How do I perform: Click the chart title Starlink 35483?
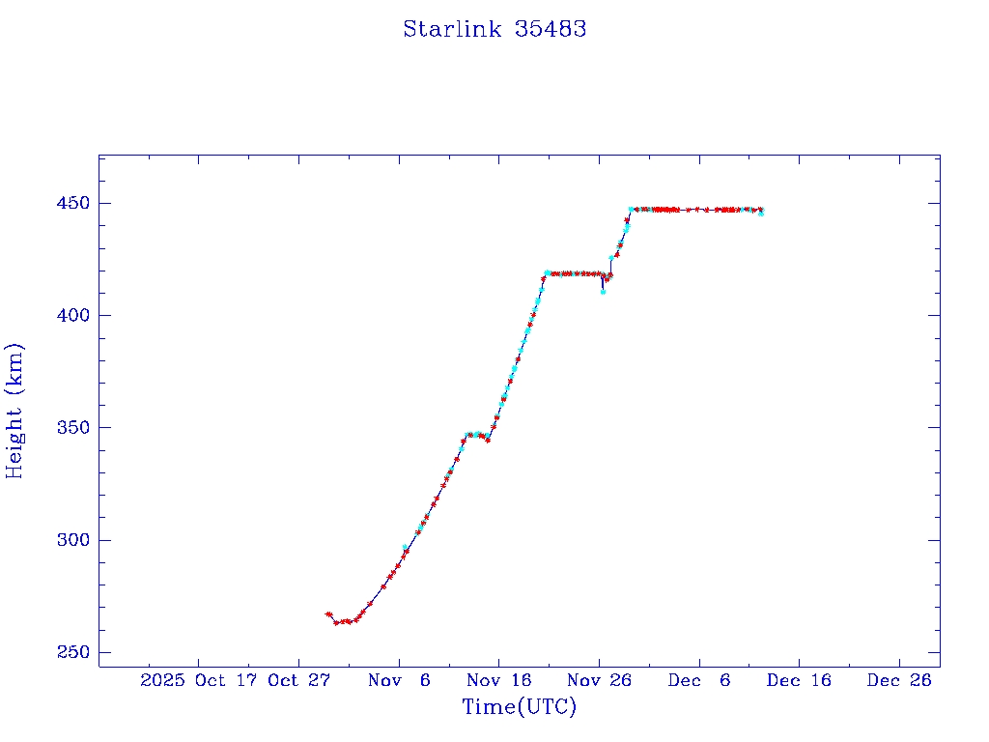[494, 29]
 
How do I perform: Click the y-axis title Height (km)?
[14, 411]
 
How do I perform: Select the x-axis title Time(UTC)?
[520, 707]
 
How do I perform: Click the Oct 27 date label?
[298, 680]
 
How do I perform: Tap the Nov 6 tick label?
[399, 680]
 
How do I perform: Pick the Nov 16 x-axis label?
[498, 680]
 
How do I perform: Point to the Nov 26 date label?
[599, 680]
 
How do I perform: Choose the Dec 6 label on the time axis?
[698, 680]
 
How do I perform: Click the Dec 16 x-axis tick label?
[798, 680]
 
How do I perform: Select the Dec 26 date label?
[898, 680]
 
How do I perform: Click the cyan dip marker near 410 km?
[603, 291]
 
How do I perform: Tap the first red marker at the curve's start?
[328, 614]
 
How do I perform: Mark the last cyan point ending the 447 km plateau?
[761, 213]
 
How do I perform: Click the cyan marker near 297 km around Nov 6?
[406, 547]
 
